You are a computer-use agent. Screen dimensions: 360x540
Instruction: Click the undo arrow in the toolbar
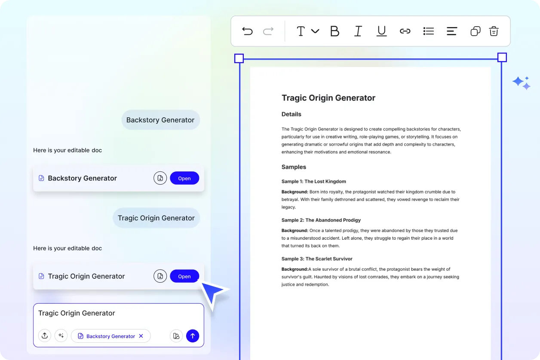(247, 31)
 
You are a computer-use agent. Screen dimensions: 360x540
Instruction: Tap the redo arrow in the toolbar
(268, 31)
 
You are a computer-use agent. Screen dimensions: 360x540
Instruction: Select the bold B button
(334, 31)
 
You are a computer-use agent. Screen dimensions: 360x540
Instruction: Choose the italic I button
(358, 31)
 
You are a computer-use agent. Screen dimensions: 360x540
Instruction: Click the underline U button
(381, 31)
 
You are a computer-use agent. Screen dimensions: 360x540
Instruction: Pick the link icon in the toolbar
(405, 31)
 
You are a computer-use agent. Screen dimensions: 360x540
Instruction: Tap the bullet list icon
(428, 31)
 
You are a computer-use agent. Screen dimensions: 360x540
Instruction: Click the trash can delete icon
(494, 31)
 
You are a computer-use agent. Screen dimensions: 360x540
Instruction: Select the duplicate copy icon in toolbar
(475, 31)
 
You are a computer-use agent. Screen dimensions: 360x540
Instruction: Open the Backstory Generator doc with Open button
(184, 178)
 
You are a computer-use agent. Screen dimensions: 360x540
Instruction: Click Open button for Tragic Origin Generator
(184, 276)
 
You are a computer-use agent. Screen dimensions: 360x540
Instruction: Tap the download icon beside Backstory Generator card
(160, 178)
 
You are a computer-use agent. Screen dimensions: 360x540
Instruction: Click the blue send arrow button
(193, 336)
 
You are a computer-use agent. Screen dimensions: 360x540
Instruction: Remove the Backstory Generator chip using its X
(141, 336)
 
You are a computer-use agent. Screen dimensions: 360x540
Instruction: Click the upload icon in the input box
(45, 336)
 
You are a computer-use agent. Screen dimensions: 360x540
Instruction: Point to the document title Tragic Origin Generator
(328, 98)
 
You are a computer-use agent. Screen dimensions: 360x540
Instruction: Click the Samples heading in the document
(294, 167)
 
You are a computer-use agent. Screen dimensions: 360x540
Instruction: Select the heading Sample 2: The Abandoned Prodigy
(321, 220)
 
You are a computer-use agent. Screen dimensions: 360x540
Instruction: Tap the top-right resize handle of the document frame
(502, 58)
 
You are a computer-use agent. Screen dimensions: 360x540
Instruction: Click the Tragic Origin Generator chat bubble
(156, 218)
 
